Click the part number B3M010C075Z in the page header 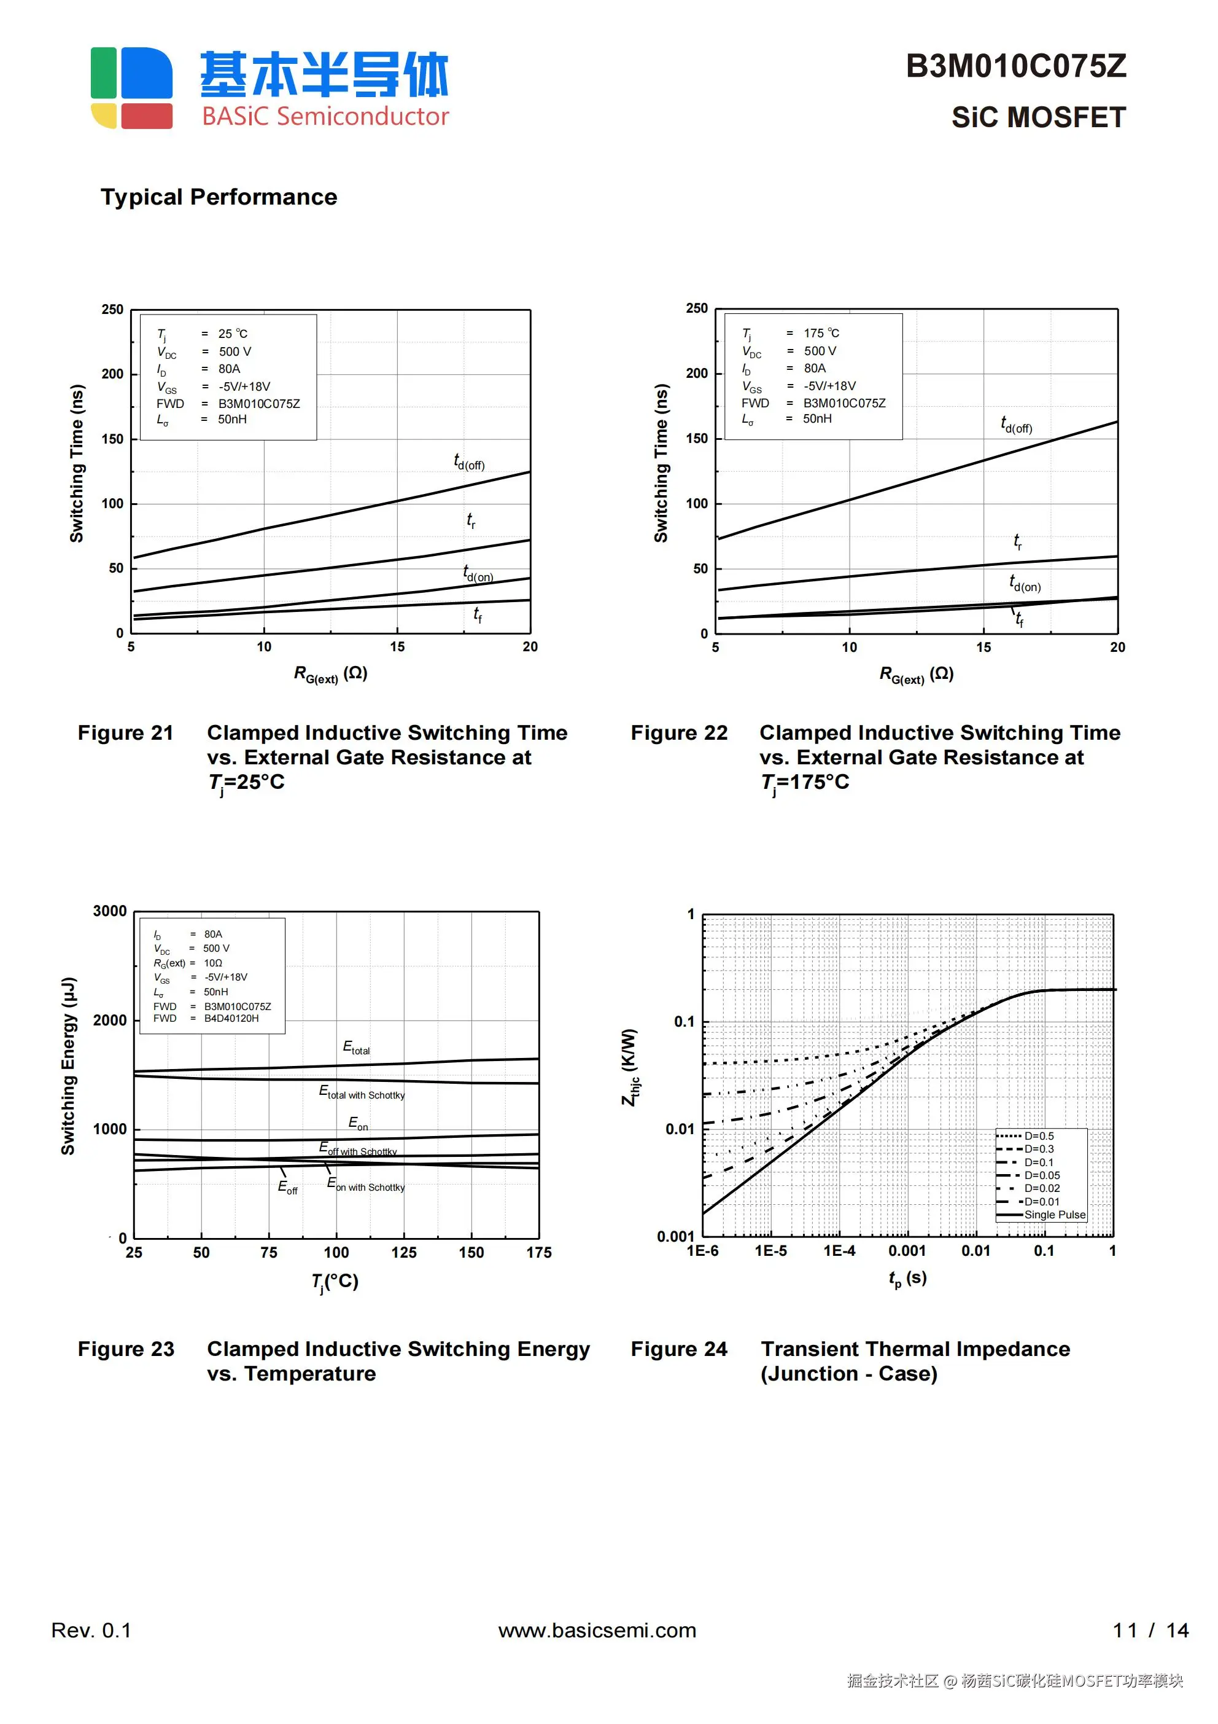pyautogui.click(x=1015, y=66)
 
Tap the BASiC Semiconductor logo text pyautogui.click(x=325, y=116)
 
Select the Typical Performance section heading pyautogui.click(x=219, y=197)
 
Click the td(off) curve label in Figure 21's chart pyautogui.click(x=469, y=462)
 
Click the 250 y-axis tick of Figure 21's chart pyautogui.click(x=112, y=310)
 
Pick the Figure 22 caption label pyautogui.click(x=678, y=733)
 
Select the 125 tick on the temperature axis pyautogui.click(x=404, y=1253)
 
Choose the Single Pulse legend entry pyautogui.click(x=1055, y=1215)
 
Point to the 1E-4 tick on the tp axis pyautogui.click(x=839, y=1251)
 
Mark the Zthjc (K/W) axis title pyautogui.click(x=630, y=1066)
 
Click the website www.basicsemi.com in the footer pyautogui.click(x=597, y=1630)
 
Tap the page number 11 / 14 pyautogui.click(x=1150, y=1630)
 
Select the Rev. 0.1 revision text pyautogui.click(x=91, y=1630)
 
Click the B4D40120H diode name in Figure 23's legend pyautogui.click(x=231, y=1018)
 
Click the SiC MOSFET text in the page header pyautogui.click(x=1038, y=117)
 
